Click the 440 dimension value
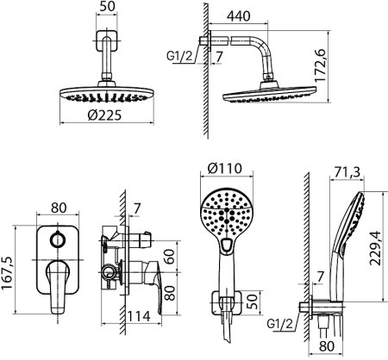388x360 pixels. click(x=238, y=16)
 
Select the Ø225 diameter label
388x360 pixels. click(x=105, y=115)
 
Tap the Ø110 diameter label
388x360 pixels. click(x=225, y=168)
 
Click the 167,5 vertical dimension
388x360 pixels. click(x=8, y=273)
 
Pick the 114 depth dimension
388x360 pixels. click(x=139, y=316)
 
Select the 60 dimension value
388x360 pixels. click(x=170, y=257)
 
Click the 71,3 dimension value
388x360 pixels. click(x=347, y=172)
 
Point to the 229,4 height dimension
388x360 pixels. click(x=375, y=247)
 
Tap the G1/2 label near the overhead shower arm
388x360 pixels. click(x=179, y=56)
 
